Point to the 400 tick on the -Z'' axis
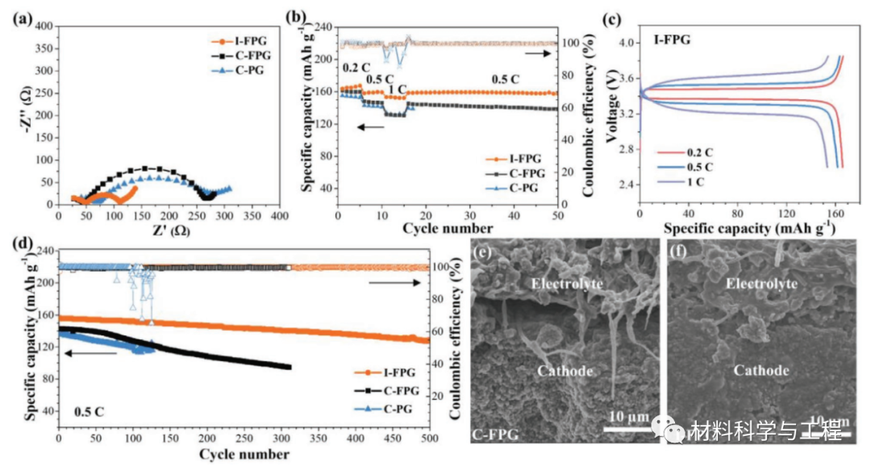point(42,27)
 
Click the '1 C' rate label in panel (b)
point(397,89)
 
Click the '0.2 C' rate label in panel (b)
point(356,68)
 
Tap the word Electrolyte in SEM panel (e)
point(561,283)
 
